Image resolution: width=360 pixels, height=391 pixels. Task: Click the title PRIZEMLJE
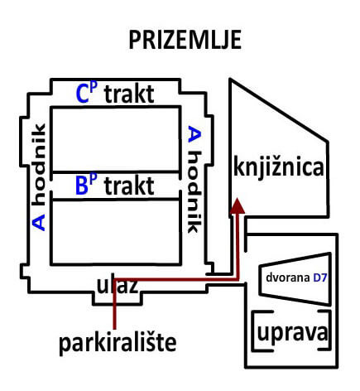click(185, 40)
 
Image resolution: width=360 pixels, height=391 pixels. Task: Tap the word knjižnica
click(278, 167)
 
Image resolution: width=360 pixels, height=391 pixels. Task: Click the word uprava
click(292, 332)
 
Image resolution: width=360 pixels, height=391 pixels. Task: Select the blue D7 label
click(320, 278)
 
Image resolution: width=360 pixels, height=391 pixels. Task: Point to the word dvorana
click(288, 278)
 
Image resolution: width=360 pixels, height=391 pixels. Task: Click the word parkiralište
click(118, 343)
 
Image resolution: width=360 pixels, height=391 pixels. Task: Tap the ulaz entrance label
click(117, 286)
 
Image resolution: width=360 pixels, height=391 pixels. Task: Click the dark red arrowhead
click(237, 205)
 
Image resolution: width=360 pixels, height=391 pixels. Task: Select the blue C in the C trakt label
click(83, 94)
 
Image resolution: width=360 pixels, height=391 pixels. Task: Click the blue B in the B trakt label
click(82, 186)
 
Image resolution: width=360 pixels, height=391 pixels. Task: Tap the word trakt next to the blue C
click(129, 94)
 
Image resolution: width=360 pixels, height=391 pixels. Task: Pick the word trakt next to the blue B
click(129, 186)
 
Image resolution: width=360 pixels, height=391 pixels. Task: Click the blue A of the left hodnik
click(39, 222)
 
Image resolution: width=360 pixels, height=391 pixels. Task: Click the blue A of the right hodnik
click(194, 134)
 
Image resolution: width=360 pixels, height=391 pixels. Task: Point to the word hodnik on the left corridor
click(39, 165)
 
